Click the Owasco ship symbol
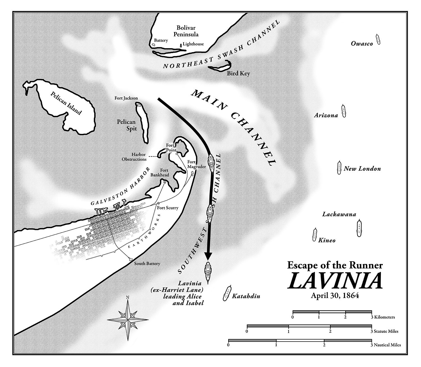pyautogui.click(x=378, y=39)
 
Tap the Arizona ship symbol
pyautogui.click(x=344, y=111)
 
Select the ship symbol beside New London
pyautogui.click(x=339, y=168)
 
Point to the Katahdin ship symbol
pyautogui.click(x=227, y=293)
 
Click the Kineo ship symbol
pyautogui.click(x=314, y=235)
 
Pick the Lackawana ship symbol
pyautogui.click(x=359, y=228)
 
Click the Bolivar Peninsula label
pyautogui.click(x=186, y=31)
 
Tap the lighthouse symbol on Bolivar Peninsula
pyautogui.click(x=181, y=45)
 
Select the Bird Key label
pyautogui.click(x=238, y=74)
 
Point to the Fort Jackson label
pyautogui.click(x=126, y=98)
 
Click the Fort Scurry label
pyautogui.click(x=168, y=208)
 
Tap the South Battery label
pyautogui.click(x=147, y=263)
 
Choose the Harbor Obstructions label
pyautogui.click(x=134, y=157)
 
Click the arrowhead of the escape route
pyautogui.click(x=208, y=256)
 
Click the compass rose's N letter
pyautogui.click(x=128, y=297)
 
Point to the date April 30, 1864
pyautogui.click(x=335, y=296)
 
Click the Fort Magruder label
pyautogui.click(x=196, y=164)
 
